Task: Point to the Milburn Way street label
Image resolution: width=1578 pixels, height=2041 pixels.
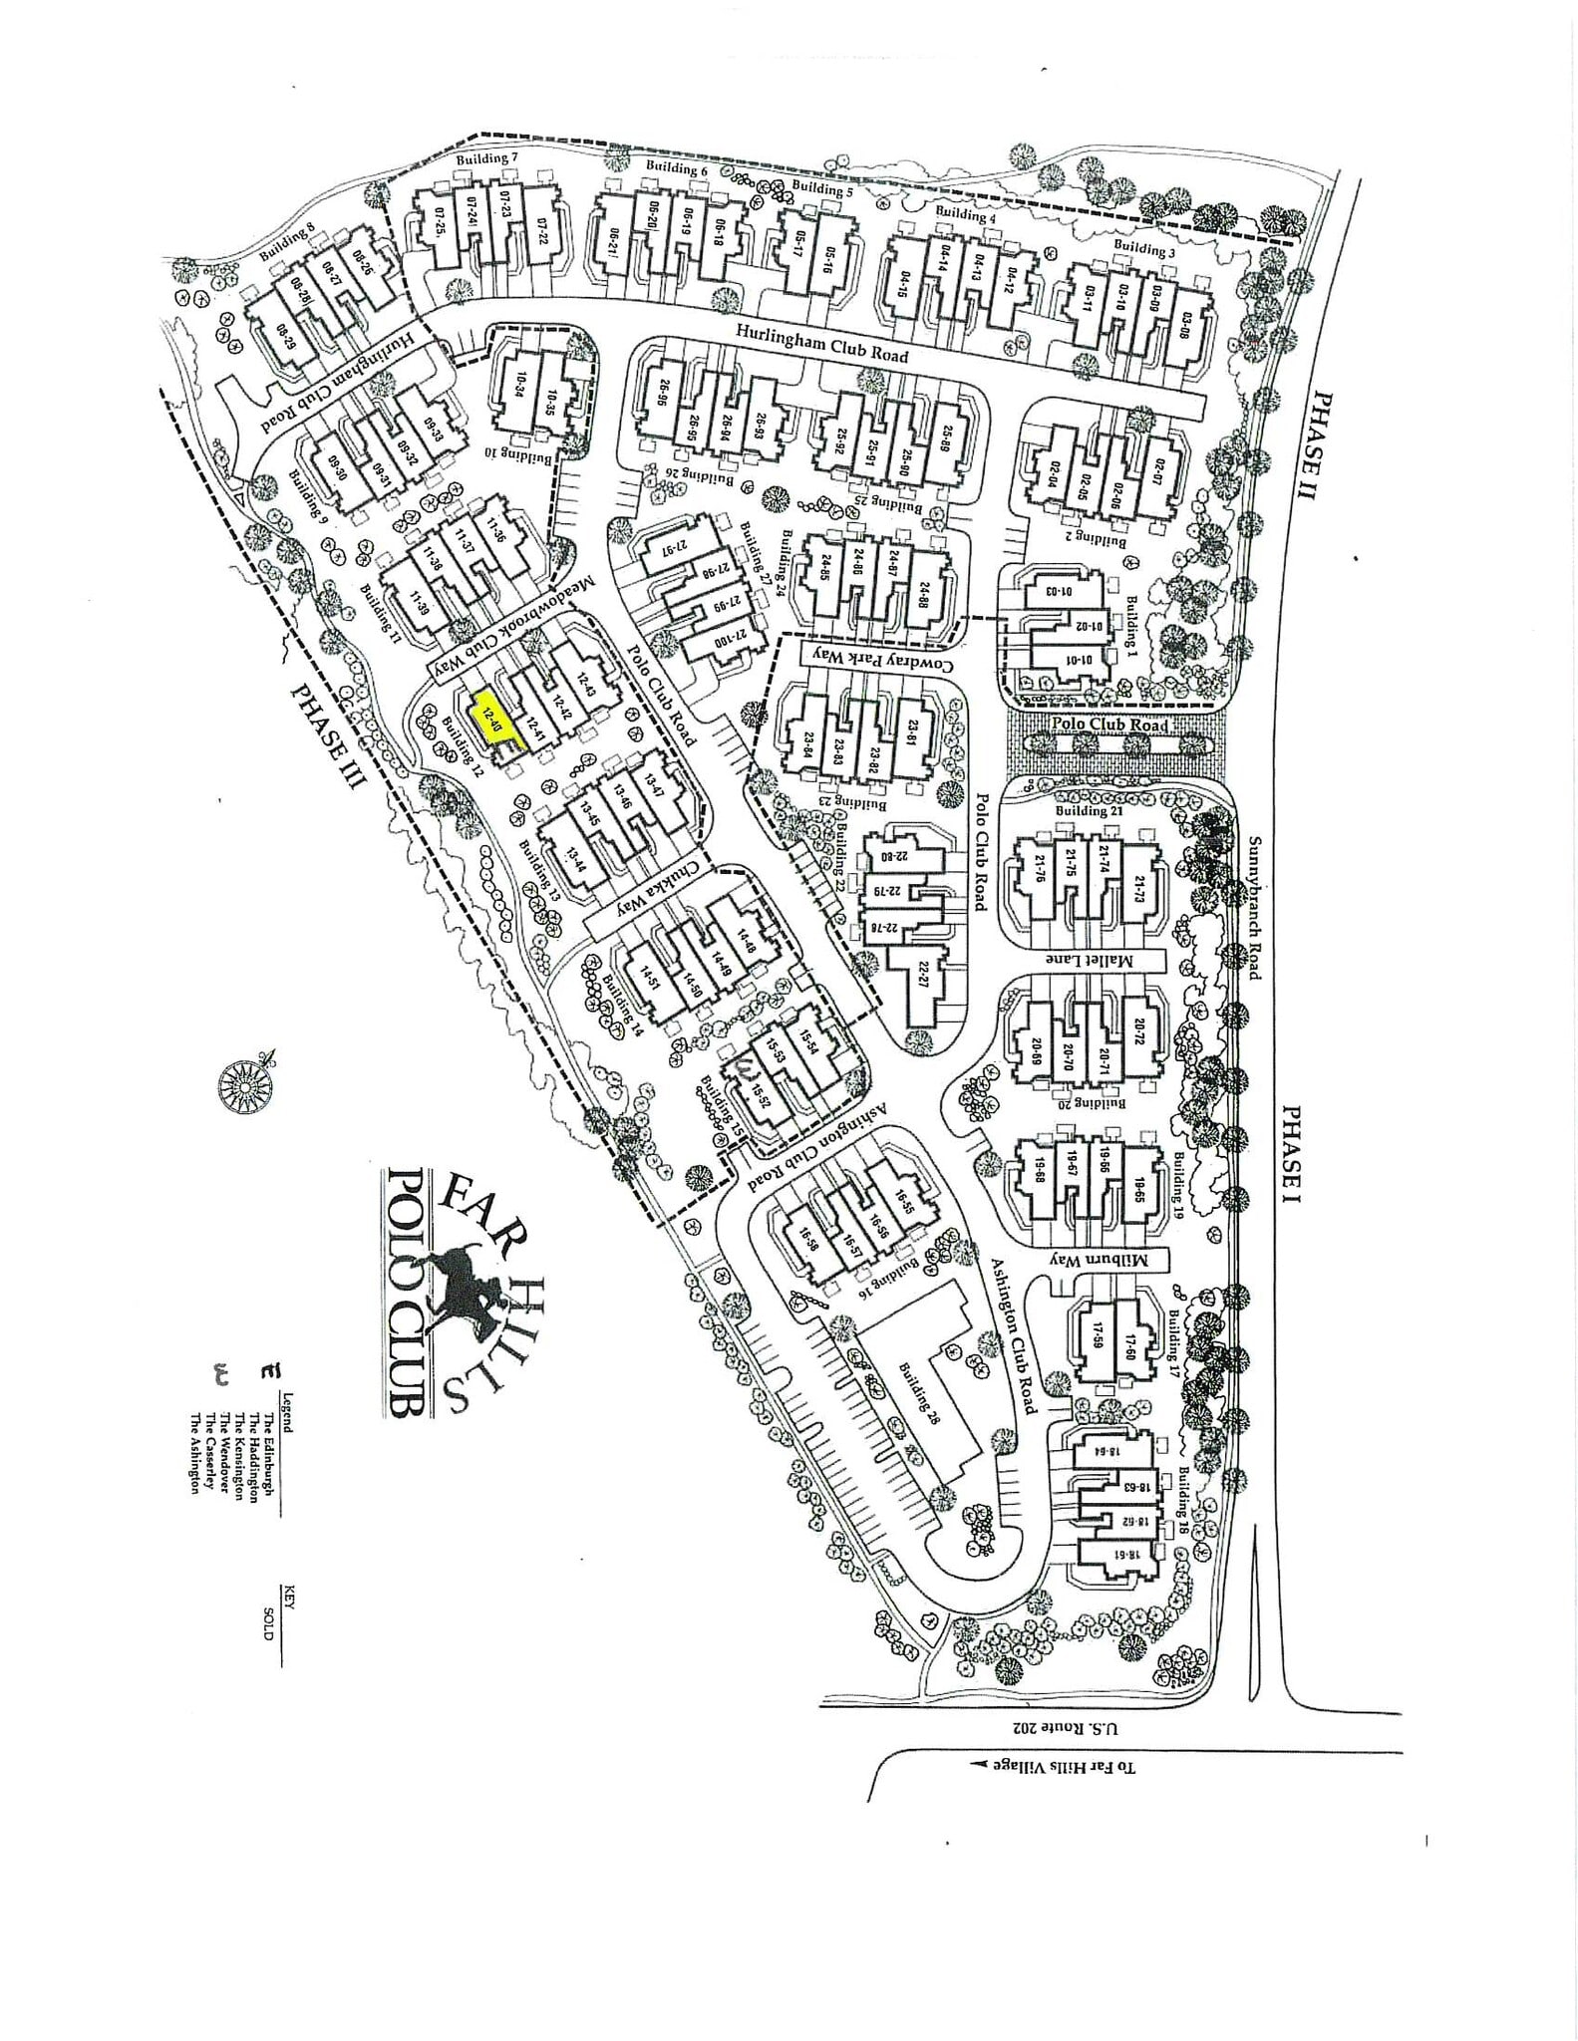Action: point(1112,1260)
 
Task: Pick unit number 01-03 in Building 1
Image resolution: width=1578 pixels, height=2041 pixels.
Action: point(1059,590)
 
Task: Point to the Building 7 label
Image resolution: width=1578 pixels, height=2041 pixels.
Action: point(487,158)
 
